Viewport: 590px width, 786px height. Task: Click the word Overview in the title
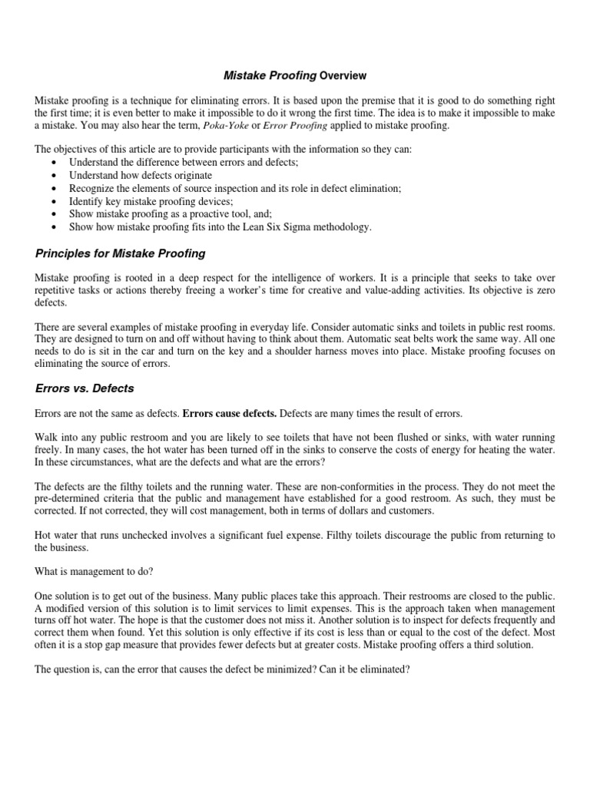click(x=343, y=76)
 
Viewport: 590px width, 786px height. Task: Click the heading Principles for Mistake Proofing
click(x=120, y=254)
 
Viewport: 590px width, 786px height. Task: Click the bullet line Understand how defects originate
click(x=141, y=175)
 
